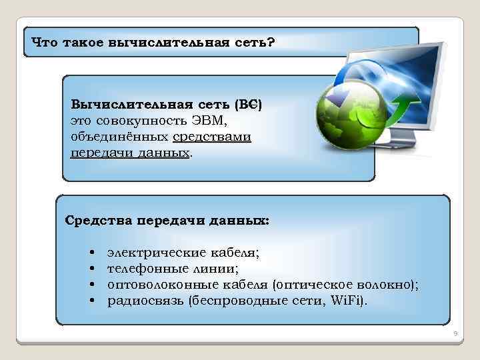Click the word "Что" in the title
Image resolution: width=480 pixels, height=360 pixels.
point(45,43)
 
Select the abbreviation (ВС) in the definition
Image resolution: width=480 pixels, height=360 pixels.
point(248,105)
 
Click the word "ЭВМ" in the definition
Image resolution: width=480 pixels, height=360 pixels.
point(212,121)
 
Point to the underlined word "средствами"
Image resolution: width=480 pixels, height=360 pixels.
point(211,137)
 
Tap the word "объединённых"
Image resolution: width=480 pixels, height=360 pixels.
point(119,137)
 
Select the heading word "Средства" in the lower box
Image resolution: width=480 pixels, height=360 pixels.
point(99,220)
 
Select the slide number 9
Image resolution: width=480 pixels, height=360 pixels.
point(453,333)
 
